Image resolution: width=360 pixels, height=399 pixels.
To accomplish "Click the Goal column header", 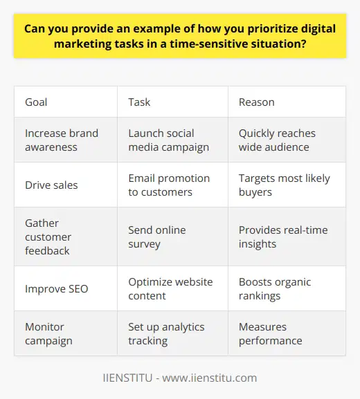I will (x=37, y=102).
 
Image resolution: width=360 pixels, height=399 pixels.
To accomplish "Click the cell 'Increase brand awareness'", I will (x=60, y=139).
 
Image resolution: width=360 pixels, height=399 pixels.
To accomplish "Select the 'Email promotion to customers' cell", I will (x=168, y=185).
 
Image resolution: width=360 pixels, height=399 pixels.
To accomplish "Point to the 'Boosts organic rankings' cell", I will (x=273, y=288).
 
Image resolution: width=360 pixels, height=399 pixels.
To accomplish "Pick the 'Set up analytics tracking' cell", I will (x=166, y=333).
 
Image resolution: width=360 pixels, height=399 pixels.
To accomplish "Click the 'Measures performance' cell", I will (x=270, y=333).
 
